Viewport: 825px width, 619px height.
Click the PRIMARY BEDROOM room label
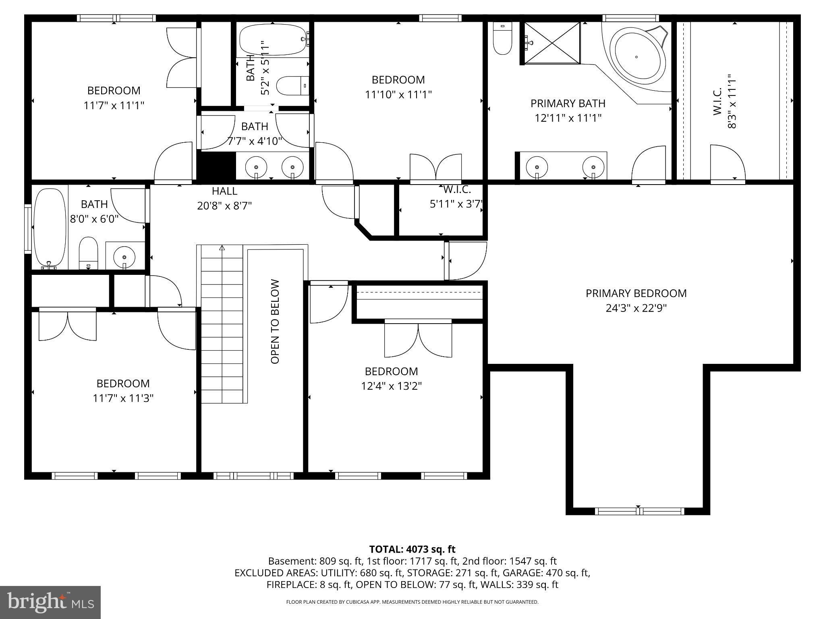pyautogui.click(x=636, y=293)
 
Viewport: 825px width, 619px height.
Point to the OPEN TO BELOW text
pyautogui.click(x=275, y=322)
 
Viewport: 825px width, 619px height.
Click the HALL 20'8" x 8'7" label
pyautogui.click(x=224, y=198)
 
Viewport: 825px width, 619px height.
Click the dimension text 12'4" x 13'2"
pyautogui.click(x=391, y=386)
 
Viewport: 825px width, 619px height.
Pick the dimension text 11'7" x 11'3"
pyautogui.click(x=123, y=398)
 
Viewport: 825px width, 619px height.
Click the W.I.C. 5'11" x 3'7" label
pyautogui.click(x=456, y=197)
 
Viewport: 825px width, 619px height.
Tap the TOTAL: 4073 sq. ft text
pyautogui.click(x=412, y=549)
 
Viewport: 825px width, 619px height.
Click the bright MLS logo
pyautogui.click(x=50, y=602)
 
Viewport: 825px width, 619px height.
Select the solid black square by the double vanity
pyautogui.click(x=216, y=165)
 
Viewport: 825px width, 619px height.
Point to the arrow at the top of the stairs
pyautogui.click(x=222, y=248)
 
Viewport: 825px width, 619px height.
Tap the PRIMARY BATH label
pyautogui.click(x=568, y=104)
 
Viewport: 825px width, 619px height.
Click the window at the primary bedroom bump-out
pyautogui.click(x=639, y=511)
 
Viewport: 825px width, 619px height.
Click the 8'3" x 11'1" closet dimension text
pyautogui.click(x=732, y=101)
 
